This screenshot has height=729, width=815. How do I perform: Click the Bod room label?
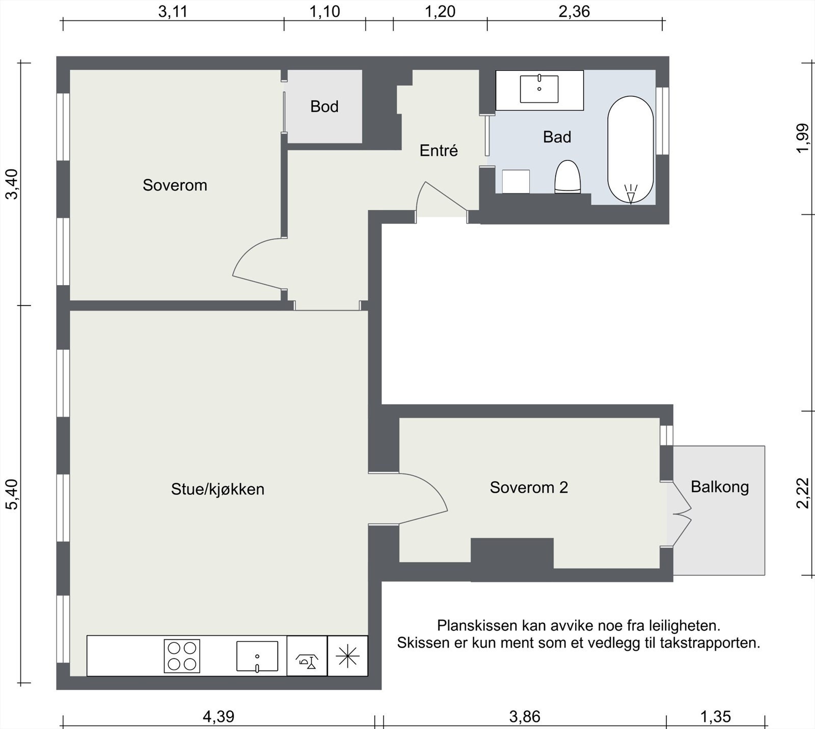[x=324, y=106]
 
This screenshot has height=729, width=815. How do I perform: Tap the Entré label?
[x=439, y=150]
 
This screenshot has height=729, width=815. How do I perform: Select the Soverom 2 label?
[x=529, y=487]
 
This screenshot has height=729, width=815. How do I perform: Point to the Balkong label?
[x=720, y=487]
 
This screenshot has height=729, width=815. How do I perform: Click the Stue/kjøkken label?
[x=218, y=489]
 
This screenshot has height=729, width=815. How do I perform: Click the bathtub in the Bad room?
[x=631, y=149]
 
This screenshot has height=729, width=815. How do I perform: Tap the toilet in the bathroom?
[x=567, y=177]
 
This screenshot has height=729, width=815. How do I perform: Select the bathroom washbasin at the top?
[x=539, y=89]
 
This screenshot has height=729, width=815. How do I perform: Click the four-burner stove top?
[x=182, y=656]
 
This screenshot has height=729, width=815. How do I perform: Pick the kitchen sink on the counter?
[x=257, y=656]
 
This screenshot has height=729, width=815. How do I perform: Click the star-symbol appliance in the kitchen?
[x=347, y=656]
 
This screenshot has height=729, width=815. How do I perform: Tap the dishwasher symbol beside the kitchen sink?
[x=307, y=656]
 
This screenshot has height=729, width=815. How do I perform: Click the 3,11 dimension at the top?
[x=173, y=12]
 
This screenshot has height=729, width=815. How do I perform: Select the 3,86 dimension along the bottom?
[x=525, y=717]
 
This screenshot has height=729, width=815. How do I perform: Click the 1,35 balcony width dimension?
[x=716, y=717]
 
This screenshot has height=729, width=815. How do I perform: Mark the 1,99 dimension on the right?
[x=802, y=138]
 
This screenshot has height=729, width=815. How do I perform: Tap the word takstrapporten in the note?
[x=710, y=643]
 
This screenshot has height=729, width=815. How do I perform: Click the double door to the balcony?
[x=680, y=514]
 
